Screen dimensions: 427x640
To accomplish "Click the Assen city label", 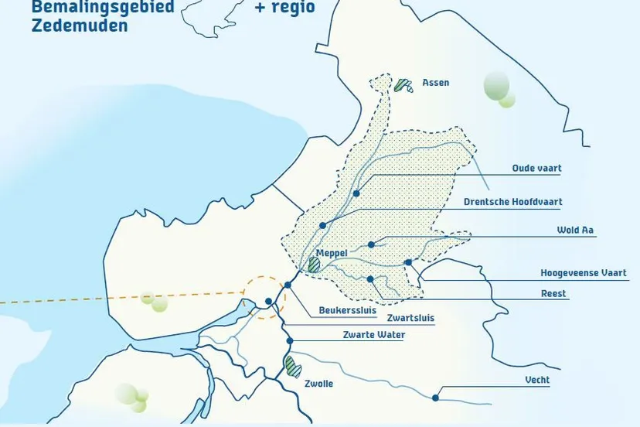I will [x=435, y=83].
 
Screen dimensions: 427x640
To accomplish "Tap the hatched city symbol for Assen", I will [x=403, y=85].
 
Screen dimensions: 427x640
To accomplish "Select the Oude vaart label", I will [x=536, y=168].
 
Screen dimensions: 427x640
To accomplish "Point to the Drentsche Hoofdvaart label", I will [x=512, y=202].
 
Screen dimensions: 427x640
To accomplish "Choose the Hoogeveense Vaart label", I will [x=589, y=273].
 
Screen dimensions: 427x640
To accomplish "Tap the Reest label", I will [x=553, y=294].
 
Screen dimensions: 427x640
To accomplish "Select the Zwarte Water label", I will [x=373, y=335].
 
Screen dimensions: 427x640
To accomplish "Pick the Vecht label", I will [x=537, y=381].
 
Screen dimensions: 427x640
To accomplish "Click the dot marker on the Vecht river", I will [x=436, y=398].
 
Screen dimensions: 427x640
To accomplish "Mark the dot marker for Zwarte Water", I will [x=290, y=340].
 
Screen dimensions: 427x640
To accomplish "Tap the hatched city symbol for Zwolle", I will [x=292, y=366].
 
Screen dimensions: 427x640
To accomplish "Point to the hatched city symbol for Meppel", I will [x=314, y=265].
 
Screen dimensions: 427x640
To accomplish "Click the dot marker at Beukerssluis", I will [x=288, y=285].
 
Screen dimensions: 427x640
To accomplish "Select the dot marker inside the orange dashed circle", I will [x=267, y=302].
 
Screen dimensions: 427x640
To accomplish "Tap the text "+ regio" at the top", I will [x=284, y=8].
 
